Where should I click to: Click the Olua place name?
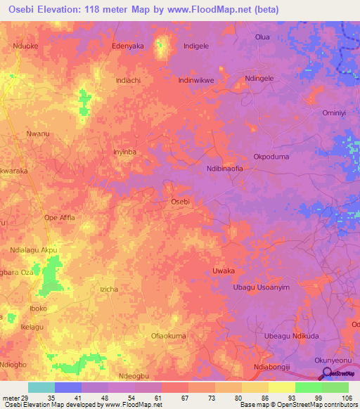pos(262,37)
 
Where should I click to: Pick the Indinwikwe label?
pos(196,80)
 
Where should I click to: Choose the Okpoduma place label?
pos(271,157)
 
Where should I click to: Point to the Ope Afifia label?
pos(59,217)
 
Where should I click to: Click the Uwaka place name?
pos(223,271)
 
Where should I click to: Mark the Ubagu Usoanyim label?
pos(261,287)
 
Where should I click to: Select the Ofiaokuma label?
pos(169,336)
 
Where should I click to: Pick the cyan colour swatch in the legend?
pos(41,387)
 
